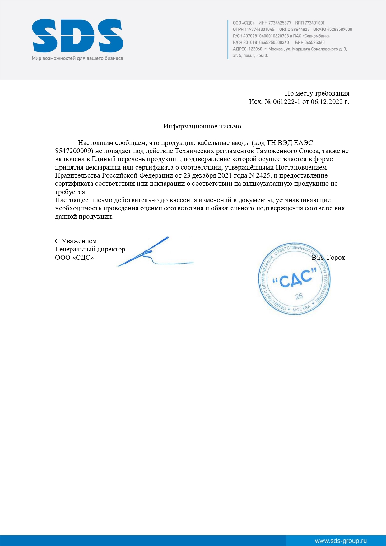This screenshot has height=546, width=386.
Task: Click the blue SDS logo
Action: [77, 35]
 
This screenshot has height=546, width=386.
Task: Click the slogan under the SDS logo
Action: [77, 58]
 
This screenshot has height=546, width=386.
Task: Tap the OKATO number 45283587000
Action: [339, 29]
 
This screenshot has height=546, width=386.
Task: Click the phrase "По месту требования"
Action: [317, 93]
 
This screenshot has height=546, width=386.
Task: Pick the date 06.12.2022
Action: [326, 102]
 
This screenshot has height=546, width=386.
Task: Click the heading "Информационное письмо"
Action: [202, 126]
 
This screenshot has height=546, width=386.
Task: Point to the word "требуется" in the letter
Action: [70, 192]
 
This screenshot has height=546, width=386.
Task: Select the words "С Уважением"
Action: [76, 241]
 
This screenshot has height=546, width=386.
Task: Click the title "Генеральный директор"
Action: [90, 249]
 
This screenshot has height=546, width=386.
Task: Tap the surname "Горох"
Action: [336, 258]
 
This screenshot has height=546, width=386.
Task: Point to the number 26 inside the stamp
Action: [299, 296]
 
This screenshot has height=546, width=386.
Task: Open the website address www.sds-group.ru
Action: [341, 541]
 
